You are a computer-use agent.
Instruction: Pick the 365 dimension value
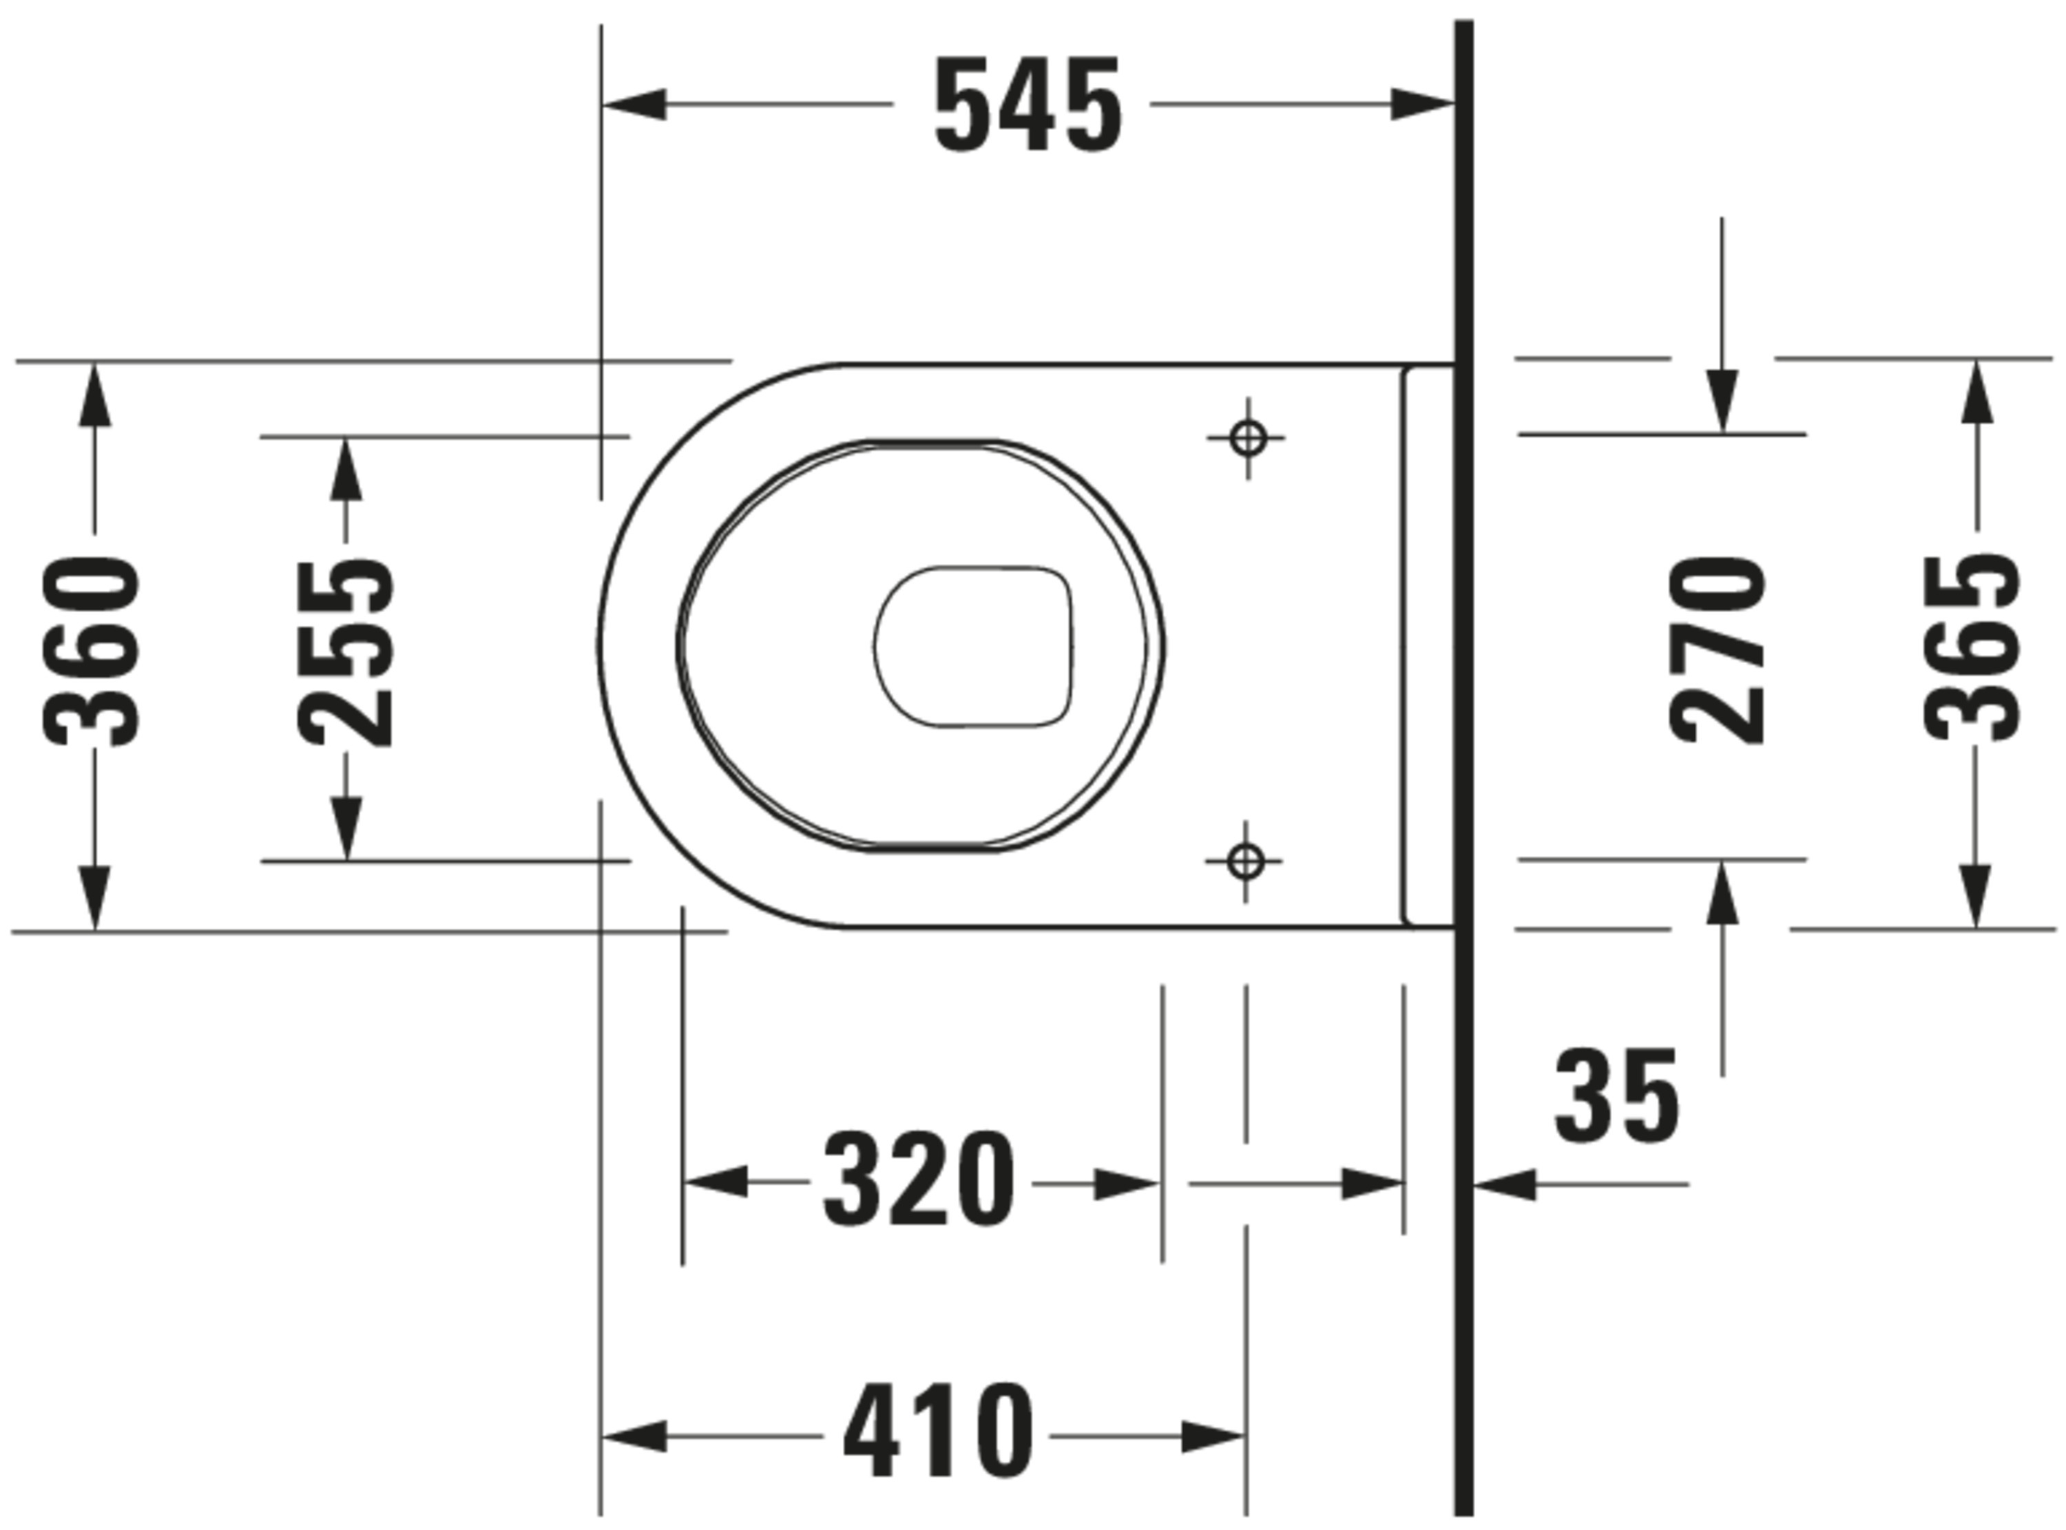[x=1972, y=649]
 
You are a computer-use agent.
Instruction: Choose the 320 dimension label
[x=919, y=1181]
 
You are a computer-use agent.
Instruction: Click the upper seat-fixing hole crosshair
[x=1247, y=438]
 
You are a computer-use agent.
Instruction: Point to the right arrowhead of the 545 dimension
[x=1421, y=105]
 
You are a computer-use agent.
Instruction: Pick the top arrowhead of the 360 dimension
[x=94, y=395]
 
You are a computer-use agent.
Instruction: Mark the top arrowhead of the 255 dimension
[x=346, y=469]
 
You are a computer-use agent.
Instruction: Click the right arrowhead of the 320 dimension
[x=1125, y=1184]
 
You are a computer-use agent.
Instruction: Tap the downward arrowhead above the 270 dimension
[x=1722, y=400]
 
